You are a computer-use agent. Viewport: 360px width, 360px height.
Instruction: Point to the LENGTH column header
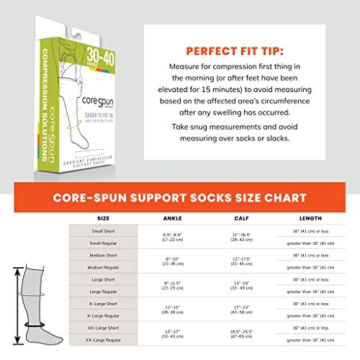pyautogui.click(x=312, y=216)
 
